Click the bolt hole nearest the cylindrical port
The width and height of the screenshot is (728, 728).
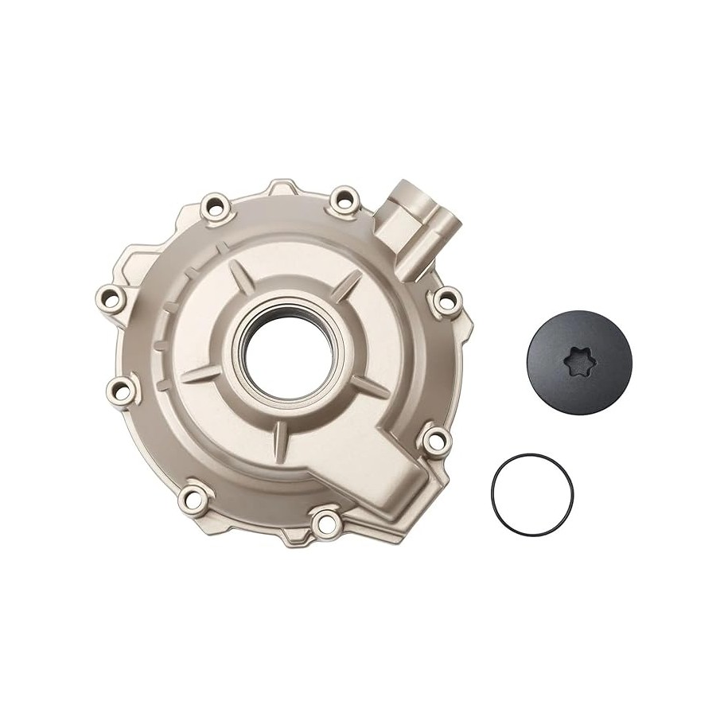(x=345, y=198)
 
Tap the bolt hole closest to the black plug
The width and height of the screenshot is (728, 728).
(x=446, y=300)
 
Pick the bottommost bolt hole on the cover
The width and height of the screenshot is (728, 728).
(x=322, y=524)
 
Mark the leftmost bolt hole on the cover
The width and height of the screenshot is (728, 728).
(x=110, y=298)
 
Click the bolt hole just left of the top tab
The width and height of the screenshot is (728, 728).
(x=215, y=208)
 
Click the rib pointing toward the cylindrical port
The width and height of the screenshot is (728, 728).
(x=347, y=285)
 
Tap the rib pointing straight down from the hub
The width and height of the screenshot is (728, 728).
(x=281, y=434)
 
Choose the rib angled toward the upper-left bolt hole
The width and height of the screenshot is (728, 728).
(x=238, y=274)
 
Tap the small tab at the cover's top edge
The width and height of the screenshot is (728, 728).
(x=280, y=188)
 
